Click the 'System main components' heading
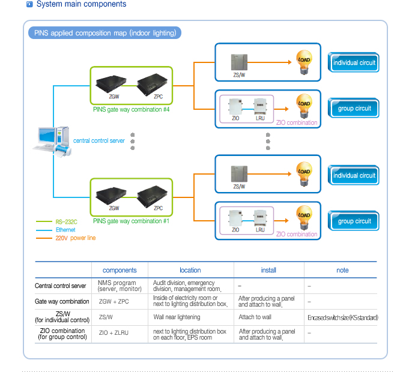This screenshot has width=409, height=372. (81, 4)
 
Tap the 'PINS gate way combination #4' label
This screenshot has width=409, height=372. (132, 110)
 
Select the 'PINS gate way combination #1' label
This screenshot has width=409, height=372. (132, 221)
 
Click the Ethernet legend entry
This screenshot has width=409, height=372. (65, 230)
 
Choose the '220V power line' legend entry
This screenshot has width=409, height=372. (76, 238)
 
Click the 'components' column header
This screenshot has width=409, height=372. (120, 271)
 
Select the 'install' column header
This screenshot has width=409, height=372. (268, 271)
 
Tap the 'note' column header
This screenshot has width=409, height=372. (342, 271)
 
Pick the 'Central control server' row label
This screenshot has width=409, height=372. (60, 286)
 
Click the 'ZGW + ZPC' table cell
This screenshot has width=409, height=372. (114, 302)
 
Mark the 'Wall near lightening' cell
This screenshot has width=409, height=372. (177, 317)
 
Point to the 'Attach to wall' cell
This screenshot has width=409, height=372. (255, 317)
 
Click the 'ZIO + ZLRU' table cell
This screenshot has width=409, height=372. (114, 332)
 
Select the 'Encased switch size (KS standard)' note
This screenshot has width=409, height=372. (342, 317)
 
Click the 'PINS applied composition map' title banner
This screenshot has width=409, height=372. (104, 33)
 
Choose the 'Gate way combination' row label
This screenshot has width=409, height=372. (62, 302)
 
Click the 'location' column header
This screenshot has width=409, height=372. (190, 271)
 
